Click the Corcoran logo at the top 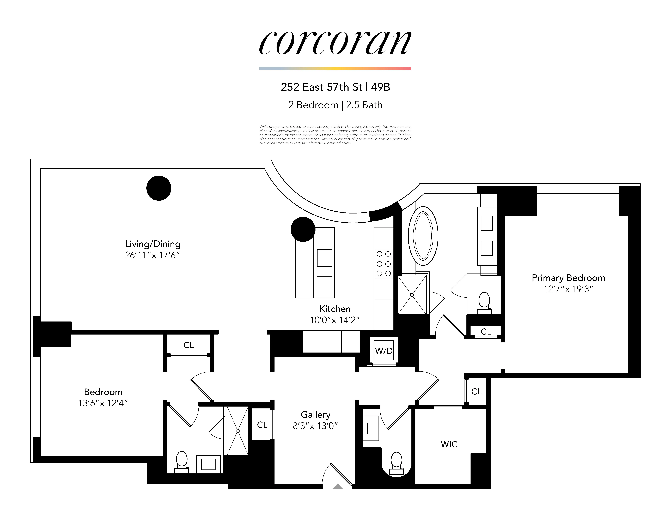pos(335,43)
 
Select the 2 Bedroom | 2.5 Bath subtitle pos(335,105)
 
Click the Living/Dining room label pos(153,244)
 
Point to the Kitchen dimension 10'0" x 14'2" pos(335,320)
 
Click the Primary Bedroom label pos(568,278)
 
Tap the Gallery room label pos(315,415)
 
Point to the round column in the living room pos(159,188)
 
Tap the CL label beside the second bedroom pos(189,345)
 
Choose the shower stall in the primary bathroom pos(412,295)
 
